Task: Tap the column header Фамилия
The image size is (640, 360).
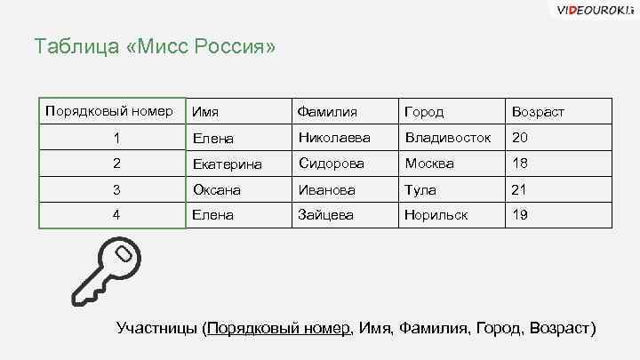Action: [328, 113]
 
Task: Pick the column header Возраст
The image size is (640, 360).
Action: [537, 113]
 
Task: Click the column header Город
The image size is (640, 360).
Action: [424, 113]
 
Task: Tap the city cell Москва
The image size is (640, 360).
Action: [429, 164]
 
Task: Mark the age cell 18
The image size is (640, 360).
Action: [520, 164]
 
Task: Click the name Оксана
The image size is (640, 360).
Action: [216, 189]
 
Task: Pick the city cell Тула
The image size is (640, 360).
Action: [420, 189]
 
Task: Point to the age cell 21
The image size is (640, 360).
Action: [520, 189]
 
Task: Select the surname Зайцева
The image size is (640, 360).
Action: [326, 215]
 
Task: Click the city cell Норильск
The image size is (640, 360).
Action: [436, 215]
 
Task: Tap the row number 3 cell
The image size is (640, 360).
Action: [116, 189]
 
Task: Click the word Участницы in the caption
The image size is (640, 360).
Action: [158, 327]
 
